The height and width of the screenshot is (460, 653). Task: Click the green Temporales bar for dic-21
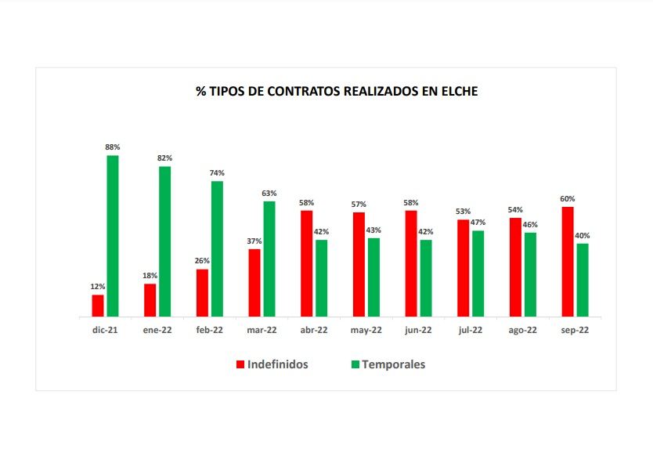coord(113,236)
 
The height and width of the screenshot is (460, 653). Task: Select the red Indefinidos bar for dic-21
coord(98,306)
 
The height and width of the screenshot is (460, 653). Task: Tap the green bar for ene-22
coord(164,241)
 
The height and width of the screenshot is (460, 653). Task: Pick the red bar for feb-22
coord(202,293)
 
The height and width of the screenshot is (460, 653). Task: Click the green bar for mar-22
coord(269,259)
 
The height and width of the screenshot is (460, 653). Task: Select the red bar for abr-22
coord(307,263)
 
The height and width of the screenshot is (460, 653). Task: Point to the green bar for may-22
coord(373,277)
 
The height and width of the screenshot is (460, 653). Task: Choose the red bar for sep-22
coord(568,262)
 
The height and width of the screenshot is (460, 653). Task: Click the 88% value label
coord(113,147)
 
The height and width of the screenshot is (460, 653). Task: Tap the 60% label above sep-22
coord(568,198)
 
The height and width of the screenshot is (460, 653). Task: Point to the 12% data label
coord(98,287)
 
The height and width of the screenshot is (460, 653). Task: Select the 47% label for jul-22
coord(478,223)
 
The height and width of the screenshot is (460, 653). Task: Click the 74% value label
coord(217,173)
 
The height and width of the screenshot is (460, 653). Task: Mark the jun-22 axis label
coord(418,331)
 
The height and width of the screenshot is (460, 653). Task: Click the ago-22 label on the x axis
coord(522,331)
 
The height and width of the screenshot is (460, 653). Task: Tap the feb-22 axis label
coord(209,331)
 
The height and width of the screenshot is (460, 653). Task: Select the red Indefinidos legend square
coord(240,364)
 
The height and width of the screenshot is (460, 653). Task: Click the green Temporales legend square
coord(355,364)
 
